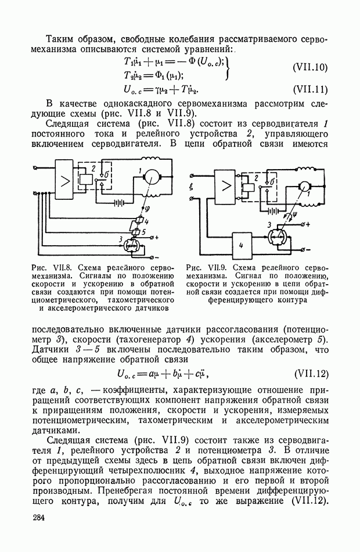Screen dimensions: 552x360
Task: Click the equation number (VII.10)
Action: pyautogui.click(x=310, y=67)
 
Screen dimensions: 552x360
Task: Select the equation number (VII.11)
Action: pyautogui.click(x=310, y=89)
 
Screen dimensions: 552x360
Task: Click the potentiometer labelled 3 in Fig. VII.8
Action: pyautogui.click(x=132, y=246)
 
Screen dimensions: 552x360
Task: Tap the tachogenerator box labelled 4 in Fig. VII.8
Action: pyautogui.click(x=139, y=221)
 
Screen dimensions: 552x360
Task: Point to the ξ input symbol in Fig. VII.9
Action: pyautogui.click(x=192, y=188)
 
